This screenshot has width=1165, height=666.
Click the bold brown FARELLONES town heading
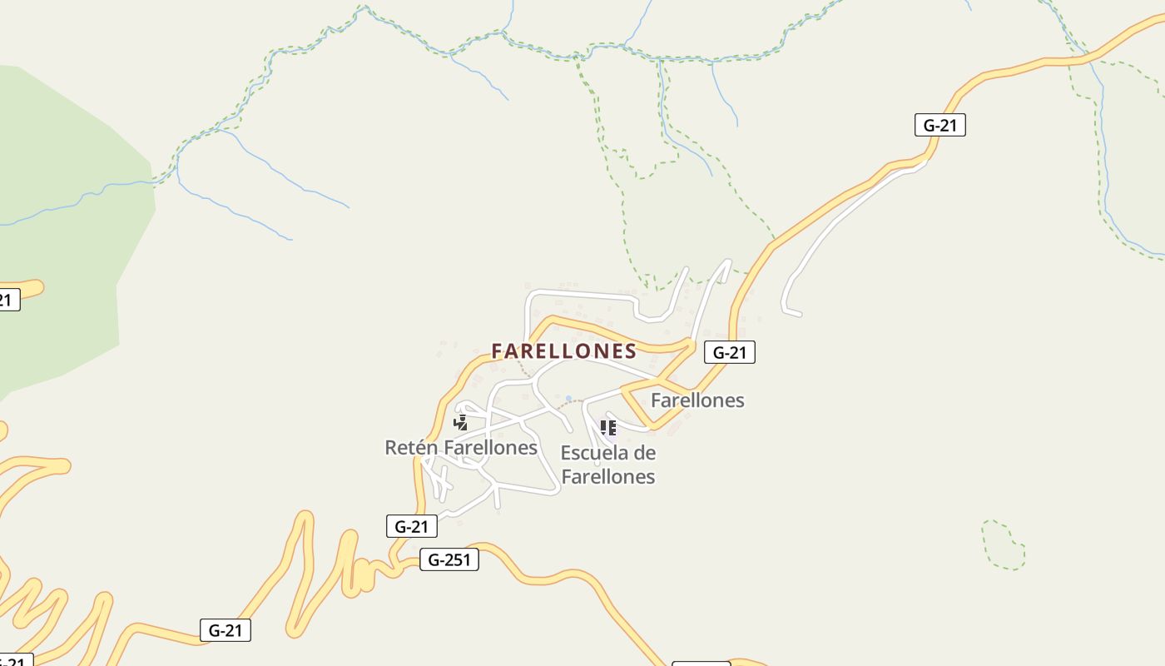563,351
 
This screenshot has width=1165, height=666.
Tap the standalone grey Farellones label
697,400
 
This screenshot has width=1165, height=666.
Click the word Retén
411,448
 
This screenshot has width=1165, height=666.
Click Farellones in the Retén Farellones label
490,448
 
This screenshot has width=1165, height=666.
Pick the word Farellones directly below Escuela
608,477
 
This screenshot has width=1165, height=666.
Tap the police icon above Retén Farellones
460,423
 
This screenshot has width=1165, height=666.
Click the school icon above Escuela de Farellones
608,428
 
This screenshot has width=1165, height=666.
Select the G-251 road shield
449,559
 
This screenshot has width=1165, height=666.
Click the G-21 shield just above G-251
412,526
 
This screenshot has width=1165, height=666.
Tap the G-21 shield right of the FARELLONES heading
730,352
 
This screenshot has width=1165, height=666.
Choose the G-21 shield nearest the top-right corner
939,126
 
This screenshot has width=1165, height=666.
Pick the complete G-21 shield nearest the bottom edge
226,630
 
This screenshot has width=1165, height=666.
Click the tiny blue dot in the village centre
568,399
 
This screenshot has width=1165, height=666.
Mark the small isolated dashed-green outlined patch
1003,545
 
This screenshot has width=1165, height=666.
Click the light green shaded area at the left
67,225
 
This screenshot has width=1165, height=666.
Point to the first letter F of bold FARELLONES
498,351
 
